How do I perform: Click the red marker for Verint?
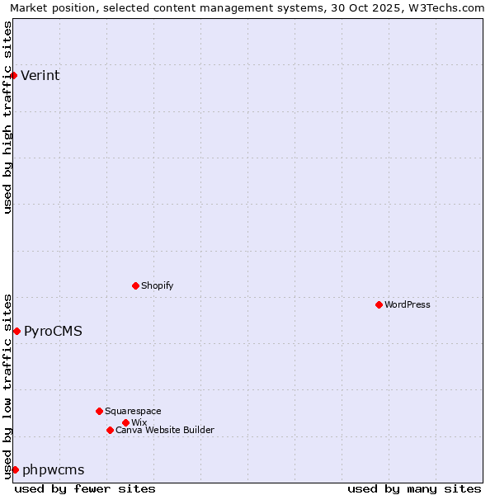click(x=13, y=76)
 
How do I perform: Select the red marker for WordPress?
click(x=379, y=304)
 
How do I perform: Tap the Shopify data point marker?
click(x=135, y=285)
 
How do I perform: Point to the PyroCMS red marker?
click(x=16, y=331)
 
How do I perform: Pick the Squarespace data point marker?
click(x=99, y=411)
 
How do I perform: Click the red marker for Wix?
click(x=125, y=422)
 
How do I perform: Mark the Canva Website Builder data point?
click(x=110, y=430)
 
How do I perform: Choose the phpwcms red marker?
click(x=15, y=469)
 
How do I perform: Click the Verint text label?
click(x=40, y=76)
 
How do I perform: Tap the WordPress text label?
click(x=408, y=304)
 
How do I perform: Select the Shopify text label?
click(x=157, y=285)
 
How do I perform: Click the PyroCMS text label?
click(x=53, y=331)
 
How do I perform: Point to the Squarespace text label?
click(x=133, y=411)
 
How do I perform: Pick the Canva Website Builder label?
click(x=165, y=430)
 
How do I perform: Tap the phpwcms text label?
click(x=54, y=469)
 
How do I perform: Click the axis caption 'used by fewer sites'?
click(x=85, y=488)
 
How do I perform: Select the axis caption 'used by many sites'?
click(x=414, y=488)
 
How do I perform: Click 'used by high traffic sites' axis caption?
click(x=7, y=117)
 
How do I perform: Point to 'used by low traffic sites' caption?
click(x=7, y=385)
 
